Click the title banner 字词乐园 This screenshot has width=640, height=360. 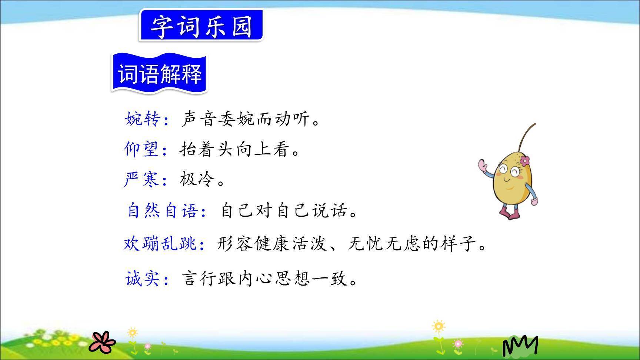pos(201,26)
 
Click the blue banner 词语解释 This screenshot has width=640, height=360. pos(160,73)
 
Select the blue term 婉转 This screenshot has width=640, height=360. pos(143,119)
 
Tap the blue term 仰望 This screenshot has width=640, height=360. pos(141,149)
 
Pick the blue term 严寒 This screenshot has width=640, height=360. pos(141,180)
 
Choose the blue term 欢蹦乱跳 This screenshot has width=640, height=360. pos(160,244)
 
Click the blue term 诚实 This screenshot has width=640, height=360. pos(143,279)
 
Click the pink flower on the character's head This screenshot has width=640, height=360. pos(524,161)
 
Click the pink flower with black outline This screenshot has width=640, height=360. pos(102,342)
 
